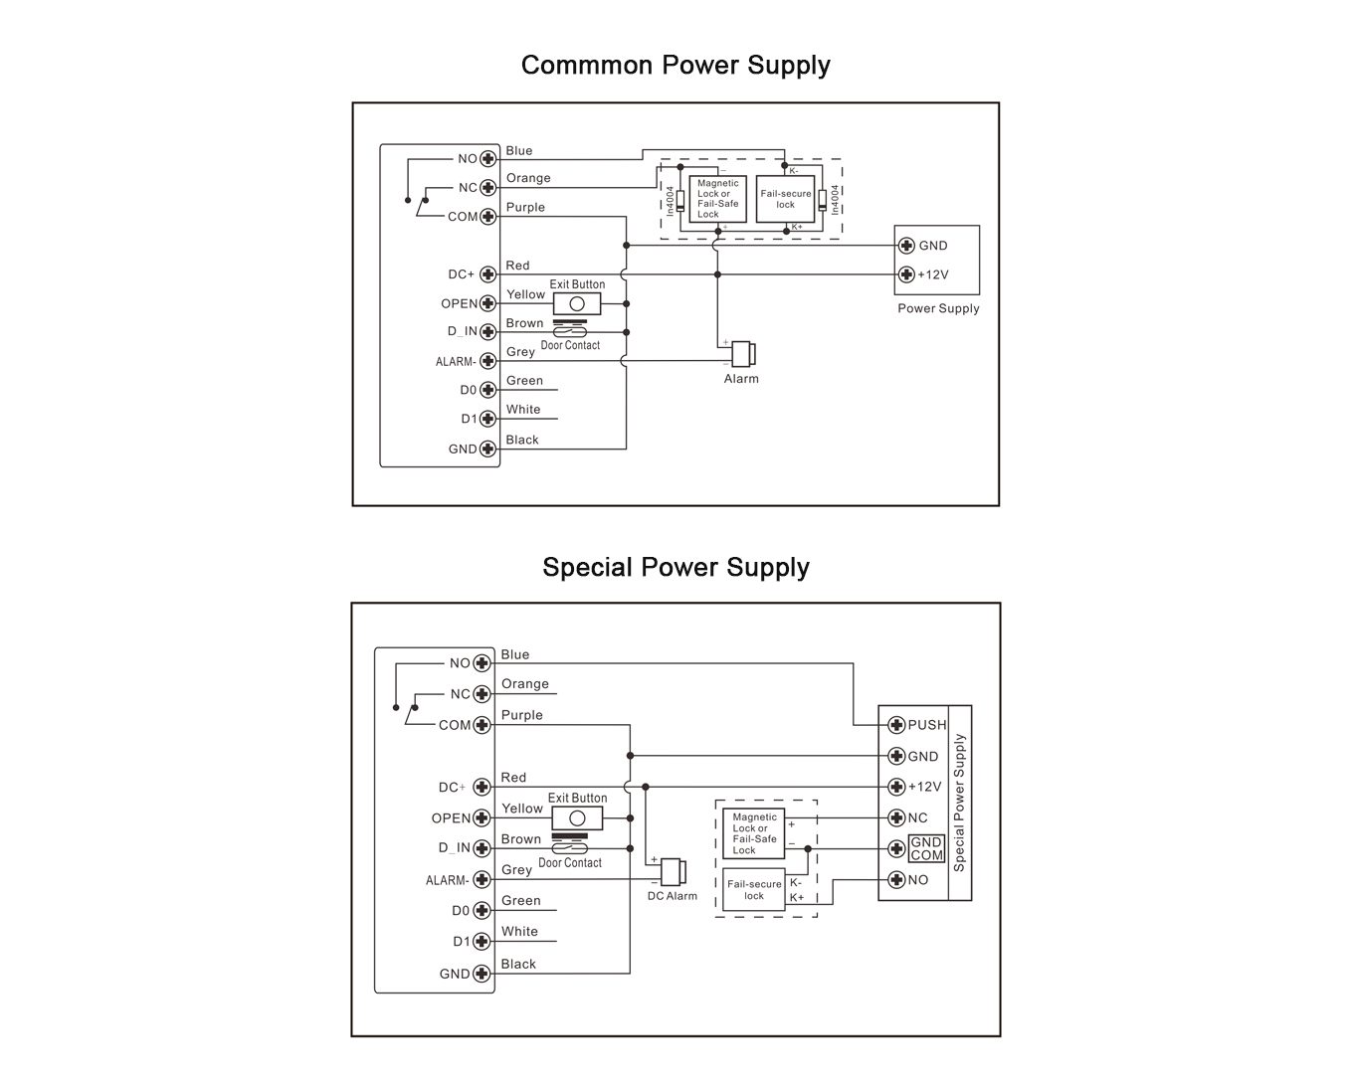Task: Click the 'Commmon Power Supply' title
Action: (676, 66)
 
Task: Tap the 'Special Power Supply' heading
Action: (676, 568)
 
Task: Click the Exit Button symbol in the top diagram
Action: (577, 304)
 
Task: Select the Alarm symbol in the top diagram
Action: (743, 354)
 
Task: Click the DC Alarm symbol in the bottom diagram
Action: (674, 872)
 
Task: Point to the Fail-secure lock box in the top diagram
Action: (785, 199)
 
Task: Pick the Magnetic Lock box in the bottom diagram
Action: (754, 833)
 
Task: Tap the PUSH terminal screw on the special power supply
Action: (896, 725)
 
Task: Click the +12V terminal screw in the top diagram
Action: (906, 274)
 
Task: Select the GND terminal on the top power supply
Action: (906, 246)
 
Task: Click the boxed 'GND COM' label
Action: (927, 848)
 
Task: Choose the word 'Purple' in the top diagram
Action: (525, 208)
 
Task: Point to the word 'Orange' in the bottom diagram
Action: (525, 684)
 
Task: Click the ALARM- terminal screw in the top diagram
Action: (487, 361)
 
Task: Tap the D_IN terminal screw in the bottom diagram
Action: (482, 848)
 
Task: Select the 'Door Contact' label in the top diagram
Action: (570, 345)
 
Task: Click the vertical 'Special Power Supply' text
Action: (959, 803)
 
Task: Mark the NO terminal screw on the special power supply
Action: (896, 879)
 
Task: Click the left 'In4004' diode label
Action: (671, 201)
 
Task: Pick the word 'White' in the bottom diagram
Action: (519, 932)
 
